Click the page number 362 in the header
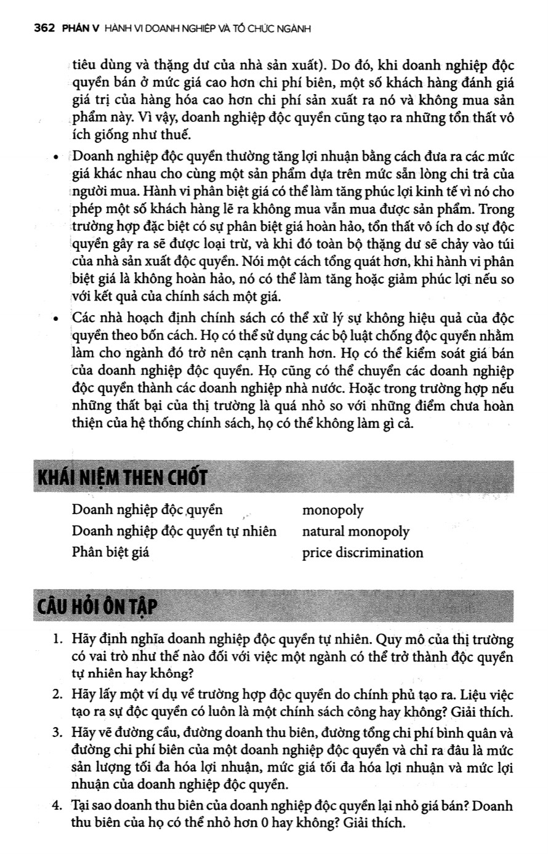click(45, 28)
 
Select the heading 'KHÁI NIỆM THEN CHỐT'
click(123, 478)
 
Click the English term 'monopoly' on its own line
click(332, 510)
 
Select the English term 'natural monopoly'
click(355, 531)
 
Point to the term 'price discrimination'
click(363, 552)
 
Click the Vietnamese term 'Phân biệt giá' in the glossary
click(110, 552)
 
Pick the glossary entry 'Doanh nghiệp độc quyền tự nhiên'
click(174, 531)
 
